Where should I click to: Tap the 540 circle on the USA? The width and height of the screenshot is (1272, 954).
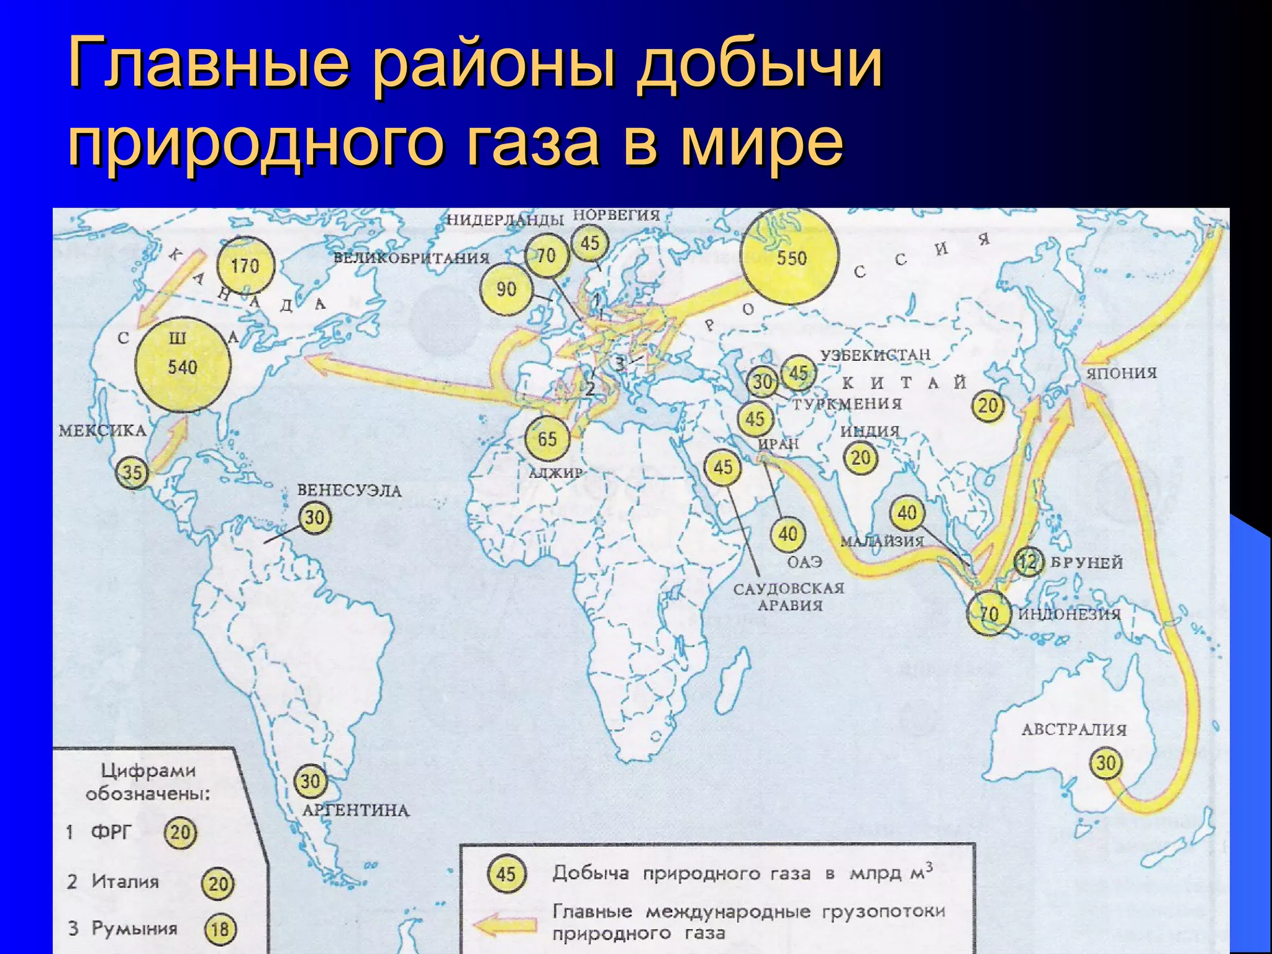pos(182,365)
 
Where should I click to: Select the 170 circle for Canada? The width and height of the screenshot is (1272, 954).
pos(245,266)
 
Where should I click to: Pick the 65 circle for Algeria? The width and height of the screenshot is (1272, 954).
pos(547,438)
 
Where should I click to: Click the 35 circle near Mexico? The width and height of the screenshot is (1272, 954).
pos(132,473)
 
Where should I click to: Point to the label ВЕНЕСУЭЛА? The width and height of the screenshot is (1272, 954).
pos(349,491)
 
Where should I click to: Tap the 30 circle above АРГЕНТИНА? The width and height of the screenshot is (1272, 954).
pos(310,781)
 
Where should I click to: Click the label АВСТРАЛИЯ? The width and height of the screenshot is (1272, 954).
pos(1074,729)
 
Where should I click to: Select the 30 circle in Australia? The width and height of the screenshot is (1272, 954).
pos(1106,763)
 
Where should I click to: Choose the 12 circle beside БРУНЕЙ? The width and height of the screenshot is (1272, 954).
pos(1028,562)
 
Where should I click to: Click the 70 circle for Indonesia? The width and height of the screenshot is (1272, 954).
pos(989,614)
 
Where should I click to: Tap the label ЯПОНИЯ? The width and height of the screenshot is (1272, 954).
pos(1122,373)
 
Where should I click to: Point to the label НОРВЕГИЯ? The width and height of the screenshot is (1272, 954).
pos(616,216)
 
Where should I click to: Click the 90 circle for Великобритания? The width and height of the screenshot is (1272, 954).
pos(506,289)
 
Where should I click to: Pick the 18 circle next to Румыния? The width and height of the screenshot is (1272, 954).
pos(220,929)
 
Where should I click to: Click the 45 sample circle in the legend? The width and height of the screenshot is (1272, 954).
pos(506,874)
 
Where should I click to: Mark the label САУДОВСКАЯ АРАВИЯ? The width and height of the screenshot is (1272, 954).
pos(789,596)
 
